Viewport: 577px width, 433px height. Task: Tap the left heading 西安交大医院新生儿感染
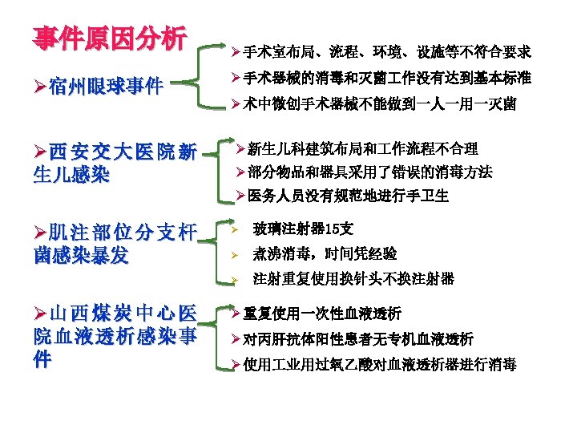(x=115, y=163)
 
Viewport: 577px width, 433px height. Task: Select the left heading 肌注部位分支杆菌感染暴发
(x=115, y=244)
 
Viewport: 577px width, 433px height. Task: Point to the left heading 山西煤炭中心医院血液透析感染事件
(x=115, y=336)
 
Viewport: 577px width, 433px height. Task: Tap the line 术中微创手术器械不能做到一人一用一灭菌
(x=380, y=104)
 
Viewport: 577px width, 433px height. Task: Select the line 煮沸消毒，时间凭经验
(x=325, y=254)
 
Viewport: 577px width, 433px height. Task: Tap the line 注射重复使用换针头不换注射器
(x=353, y=279)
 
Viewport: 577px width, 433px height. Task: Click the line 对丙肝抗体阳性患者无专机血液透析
(x=357, y=338)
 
